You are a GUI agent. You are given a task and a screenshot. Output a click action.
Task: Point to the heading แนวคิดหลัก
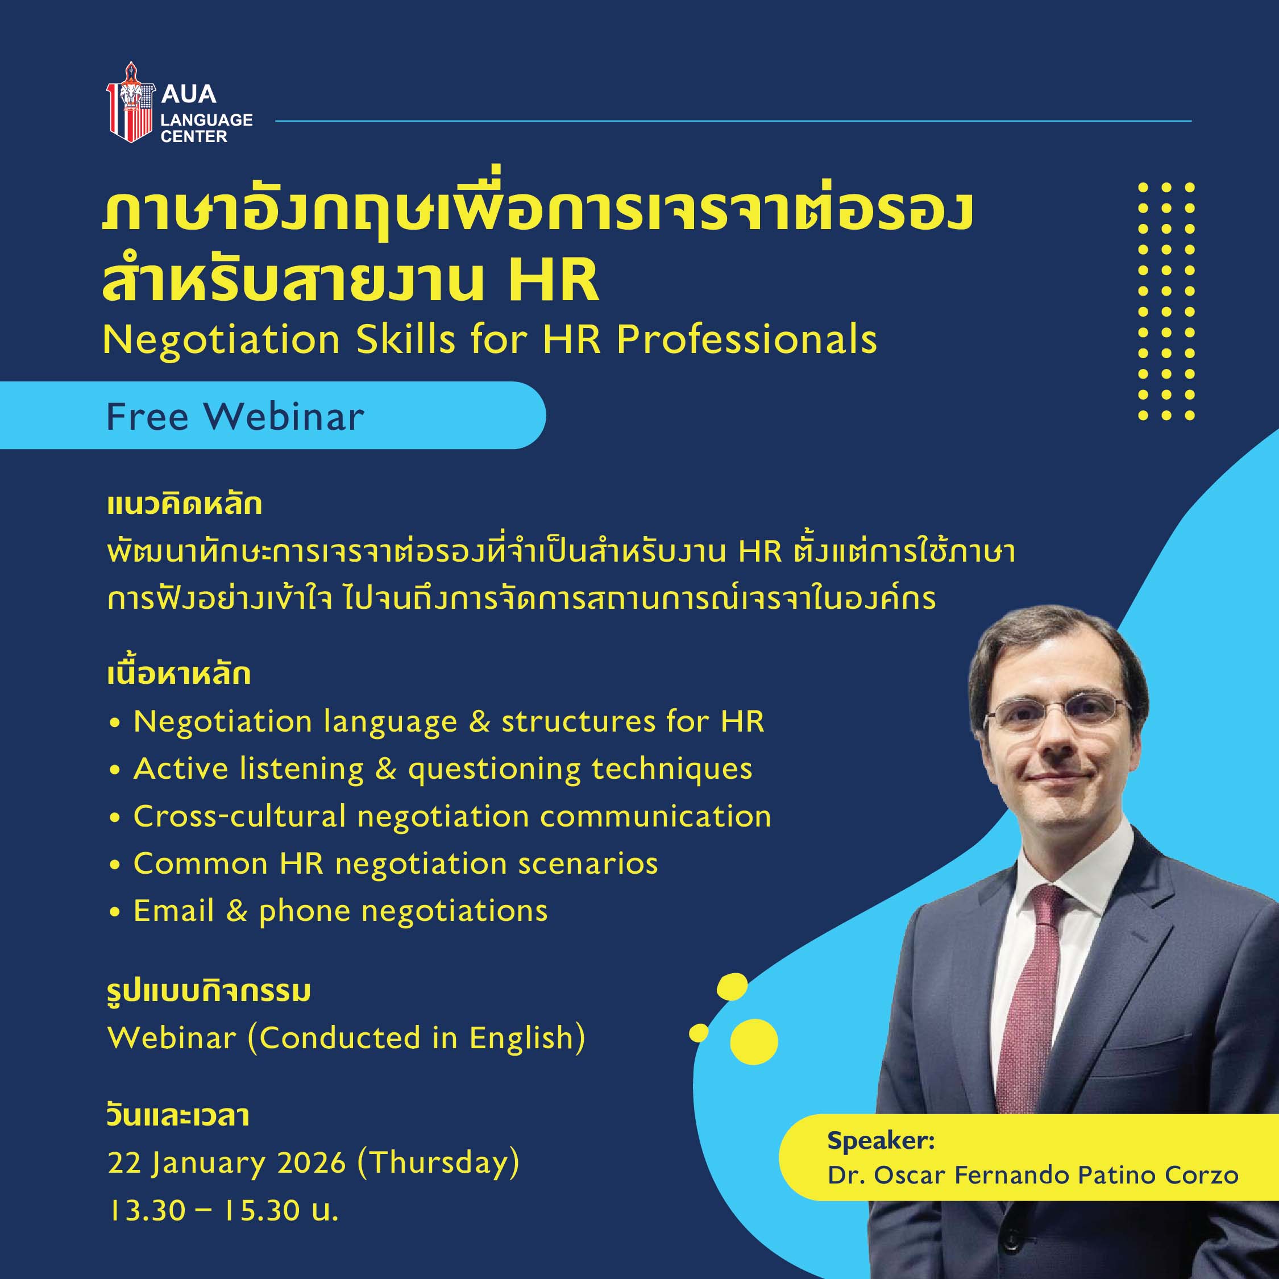[185, 504]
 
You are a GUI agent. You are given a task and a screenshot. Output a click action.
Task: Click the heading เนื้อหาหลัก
[178, 675]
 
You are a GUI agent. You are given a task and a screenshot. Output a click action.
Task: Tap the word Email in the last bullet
[173, 911]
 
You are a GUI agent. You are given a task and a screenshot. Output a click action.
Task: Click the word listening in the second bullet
[301, 769]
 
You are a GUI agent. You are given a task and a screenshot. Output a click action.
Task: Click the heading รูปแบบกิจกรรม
[209, 992]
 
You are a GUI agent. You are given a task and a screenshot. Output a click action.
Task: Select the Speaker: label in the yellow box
[881, 1141]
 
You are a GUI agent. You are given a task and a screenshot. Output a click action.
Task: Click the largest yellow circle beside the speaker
[754, 1041]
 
